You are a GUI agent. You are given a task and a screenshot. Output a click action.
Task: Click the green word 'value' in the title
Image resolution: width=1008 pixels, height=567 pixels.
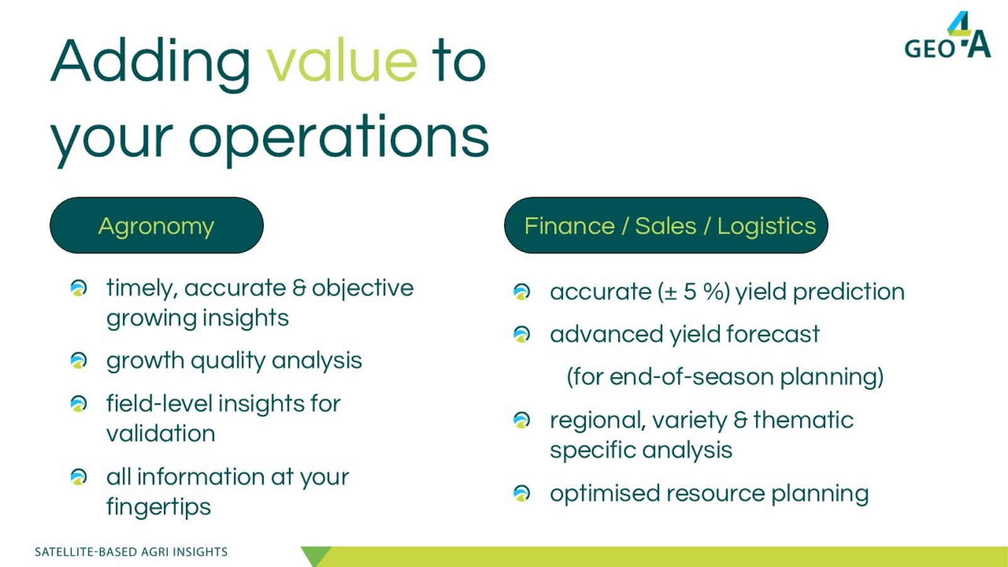pos(343,60)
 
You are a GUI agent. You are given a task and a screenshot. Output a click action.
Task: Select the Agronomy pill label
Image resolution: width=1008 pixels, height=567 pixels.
pos(157,225)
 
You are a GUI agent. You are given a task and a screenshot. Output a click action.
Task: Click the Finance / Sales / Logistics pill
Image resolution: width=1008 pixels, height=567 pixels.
pos(666,225)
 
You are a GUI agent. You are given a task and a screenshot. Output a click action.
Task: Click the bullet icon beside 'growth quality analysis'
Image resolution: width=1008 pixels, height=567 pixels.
pos(79,360)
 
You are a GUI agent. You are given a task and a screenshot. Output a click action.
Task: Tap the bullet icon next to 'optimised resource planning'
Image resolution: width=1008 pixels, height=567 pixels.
pos(522,493)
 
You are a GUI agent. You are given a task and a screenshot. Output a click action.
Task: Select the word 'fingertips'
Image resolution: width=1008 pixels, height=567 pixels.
pos(158,507)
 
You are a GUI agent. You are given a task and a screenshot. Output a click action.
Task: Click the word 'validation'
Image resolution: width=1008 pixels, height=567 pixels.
pos(161,433)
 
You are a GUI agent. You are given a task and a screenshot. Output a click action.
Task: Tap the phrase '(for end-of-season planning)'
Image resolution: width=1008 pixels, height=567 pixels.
pos(725,377)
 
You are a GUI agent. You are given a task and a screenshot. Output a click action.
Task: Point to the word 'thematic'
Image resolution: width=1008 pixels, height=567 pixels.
pos(803,420)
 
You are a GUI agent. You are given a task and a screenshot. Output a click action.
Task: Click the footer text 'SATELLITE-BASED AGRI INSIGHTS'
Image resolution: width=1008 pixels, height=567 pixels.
pos(131,552)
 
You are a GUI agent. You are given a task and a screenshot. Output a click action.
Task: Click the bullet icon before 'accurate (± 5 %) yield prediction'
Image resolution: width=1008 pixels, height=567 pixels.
pos(522,292)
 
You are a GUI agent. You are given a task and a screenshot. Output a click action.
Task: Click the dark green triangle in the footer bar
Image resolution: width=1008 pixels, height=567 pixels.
pos(316,555)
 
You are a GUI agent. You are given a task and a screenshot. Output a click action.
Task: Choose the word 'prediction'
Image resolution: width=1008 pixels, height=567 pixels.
pos(849,292)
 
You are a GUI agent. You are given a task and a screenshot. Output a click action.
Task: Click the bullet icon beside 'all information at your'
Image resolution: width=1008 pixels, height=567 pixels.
pos(79,477)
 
